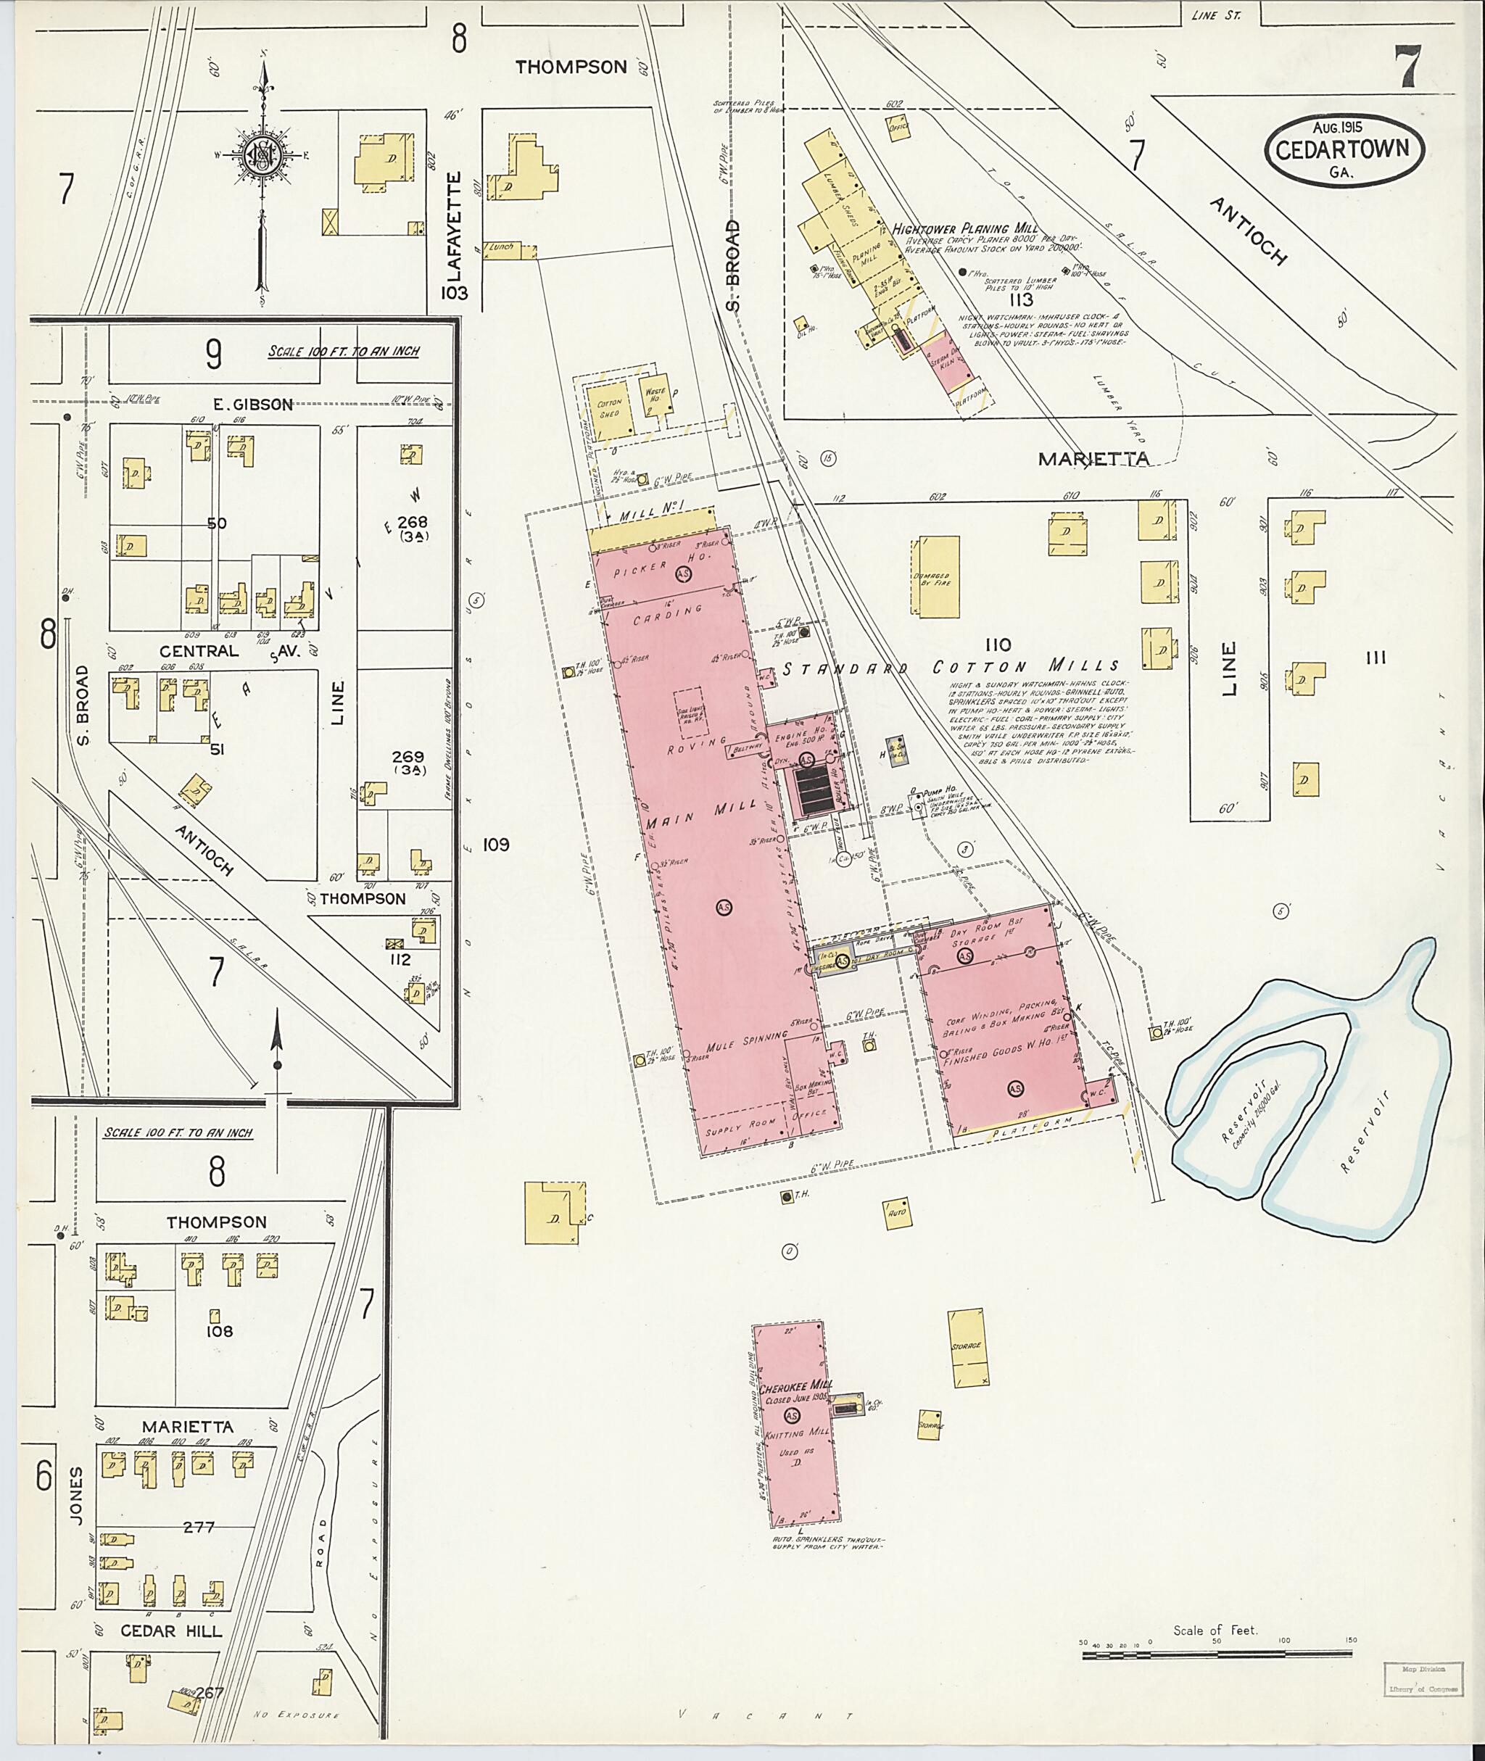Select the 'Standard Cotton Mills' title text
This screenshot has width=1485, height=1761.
point(952,668)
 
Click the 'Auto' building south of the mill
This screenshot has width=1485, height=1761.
point(895,1213)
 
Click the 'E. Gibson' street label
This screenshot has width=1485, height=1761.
point(252,405)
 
